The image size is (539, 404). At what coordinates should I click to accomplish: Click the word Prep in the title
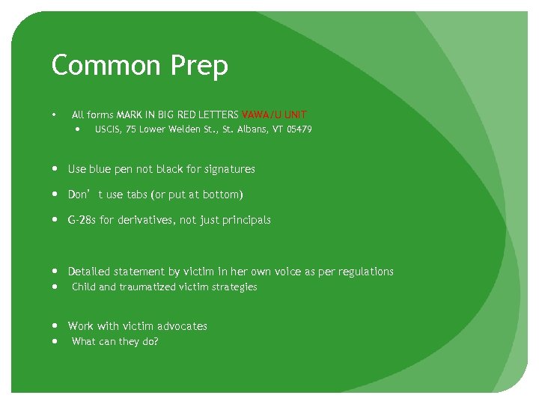click(198, 67)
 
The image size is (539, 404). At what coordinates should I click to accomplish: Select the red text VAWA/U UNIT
click(274, 115)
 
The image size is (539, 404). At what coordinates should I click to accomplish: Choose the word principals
click(243, 220)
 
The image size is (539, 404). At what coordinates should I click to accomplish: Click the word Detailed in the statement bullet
click(89, 272)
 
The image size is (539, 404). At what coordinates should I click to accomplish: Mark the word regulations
click(365, 272)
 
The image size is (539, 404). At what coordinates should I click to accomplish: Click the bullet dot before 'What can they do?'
click(57, 341)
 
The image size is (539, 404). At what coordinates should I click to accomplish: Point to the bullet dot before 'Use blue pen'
click(57, 169)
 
